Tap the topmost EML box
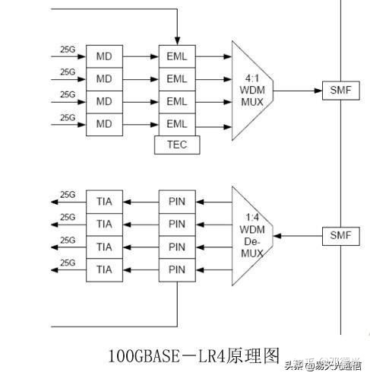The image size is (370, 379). (176, 56)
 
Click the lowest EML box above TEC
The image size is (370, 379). (176, 123)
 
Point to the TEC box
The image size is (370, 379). (176, 144)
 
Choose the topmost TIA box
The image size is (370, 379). (104, 202)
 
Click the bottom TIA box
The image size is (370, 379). (104, 269)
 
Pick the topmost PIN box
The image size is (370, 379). (176, 202)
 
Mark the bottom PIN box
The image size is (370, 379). (176, 269)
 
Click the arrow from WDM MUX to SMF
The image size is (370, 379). (297, 90)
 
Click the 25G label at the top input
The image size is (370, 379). (68, 50)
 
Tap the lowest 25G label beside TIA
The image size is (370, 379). (68, 263)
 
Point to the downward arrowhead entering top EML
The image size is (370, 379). (176, 40)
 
